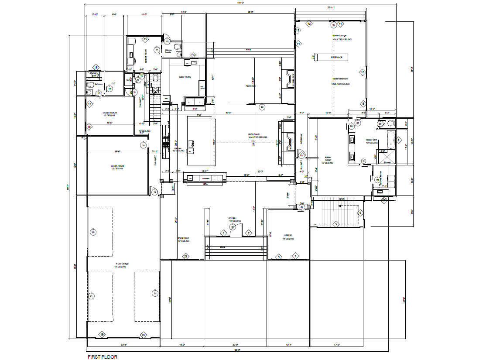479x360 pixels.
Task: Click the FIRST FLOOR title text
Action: pos(103,357)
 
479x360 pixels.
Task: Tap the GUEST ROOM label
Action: pos(109,113)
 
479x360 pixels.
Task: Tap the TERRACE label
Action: pos(250,86)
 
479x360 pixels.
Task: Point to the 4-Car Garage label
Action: pos(122,265)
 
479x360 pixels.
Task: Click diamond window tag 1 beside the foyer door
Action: pos(223,233)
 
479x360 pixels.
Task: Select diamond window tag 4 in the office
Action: pos(295,256)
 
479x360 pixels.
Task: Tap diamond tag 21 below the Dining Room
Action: pos(185,256)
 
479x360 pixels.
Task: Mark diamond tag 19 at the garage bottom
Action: pos(102,335)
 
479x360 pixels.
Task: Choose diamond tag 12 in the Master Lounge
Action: pos(309,24)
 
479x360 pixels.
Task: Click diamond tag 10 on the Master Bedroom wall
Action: pos(362,72)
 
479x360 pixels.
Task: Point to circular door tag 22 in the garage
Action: pos(154,293)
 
